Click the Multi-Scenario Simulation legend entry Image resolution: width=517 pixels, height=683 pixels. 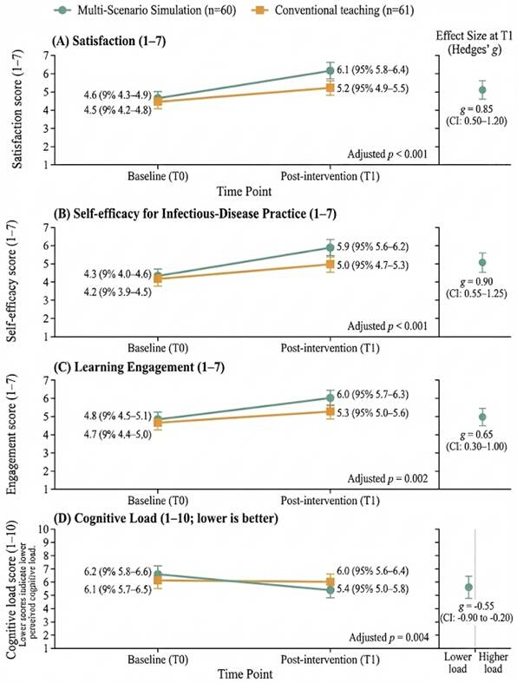click(145, 10)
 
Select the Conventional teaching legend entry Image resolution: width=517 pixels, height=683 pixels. click(333, 10)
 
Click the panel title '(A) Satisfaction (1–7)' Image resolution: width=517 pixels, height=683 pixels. click(109, 41)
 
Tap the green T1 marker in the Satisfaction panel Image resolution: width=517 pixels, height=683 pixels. click(330, 70)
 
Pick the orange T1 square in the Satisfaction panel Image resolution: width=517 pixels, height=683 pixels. click(330, 89)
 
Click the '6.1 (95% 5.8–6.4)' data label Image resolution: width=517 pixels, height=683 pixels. click(373, 69)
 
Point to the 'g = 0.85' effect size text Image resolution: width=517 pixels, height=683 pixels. click(476, 108)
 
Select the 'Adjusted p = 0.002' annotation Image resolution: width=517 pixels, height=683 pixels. click(388, 479)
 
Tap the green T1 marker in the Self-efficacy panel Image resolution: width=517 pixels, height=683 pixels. click(330, 248)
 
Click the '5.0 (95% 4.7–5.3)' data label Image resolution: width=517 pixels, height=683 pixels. click(373, 265)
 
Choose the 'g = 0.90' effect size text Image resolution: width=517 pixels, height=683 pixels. click(476, 282)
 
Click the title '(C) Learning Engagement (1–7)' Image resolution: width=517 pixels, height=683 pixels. click(139, 367)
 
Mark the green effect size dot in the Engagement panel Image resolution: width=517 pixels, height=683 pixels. click(482, 417)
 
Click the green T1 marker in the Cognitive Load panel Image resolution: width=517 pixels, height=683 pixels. click(330, 590)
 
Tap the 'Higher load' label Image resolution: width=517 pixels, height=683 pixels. click(494, 662)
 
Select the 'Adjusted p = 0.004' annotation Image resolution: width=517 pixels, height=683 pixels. click(389, 637)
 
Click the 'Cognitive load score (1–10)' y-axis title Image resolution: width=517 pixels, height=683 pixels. click(12, 590)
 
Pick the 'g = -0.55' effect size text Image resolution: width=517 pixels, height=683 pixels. click(476, 607)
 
